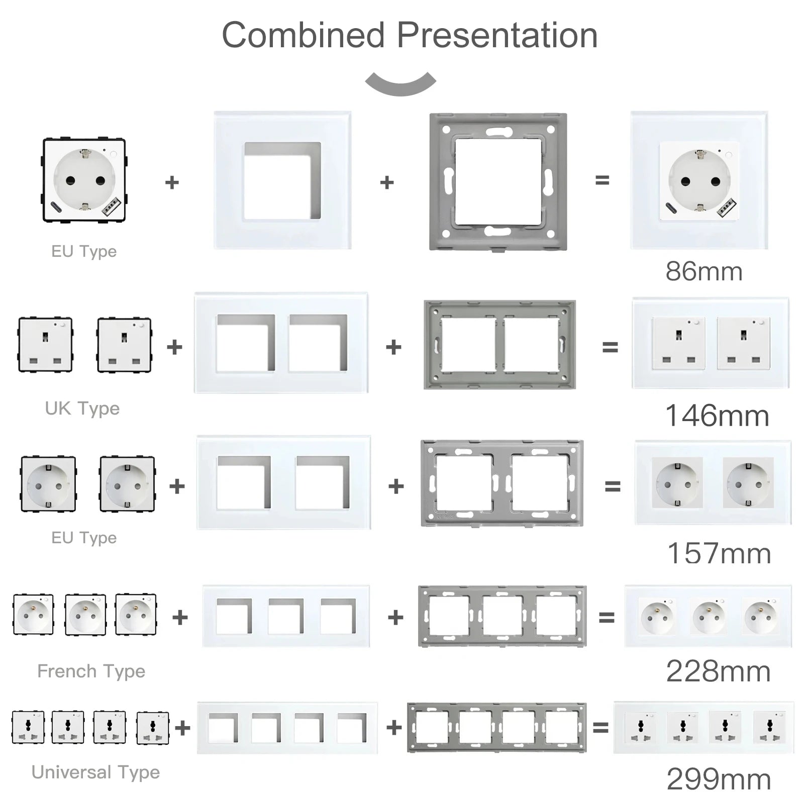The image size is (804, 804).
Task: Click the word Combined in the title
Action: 303,36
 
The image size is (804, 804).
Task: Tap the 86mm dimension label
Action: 703,272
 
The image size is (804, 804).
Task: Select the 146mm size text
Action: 717,416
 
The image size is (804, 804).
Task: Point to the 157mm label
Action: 719,554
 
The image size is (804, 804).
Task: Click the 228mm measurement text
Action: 718,671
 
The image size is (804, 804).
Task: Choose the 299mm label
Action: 719,780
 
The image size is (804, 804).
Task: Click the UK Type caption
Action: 82,409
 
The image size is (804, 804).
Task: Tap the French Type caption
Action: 91,671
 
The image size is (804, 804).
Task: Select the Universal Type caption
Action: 95,772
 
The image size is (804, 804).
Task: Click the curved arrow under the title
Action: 400,84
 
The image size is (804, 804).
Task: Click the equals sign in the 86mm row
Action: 602,180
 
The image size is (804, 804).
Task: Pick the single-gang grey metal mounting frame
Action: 498,181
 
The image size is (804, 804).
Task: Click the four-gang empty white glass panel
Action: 287,728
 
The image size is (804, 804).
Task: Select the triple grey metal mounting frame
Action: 502,616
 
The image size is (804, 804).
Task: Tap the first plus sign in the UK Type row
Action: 174,347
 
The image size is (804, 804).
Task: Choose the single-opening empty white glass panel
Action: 282,180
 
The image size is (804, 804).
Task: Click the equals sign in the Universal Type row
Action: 600,727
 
